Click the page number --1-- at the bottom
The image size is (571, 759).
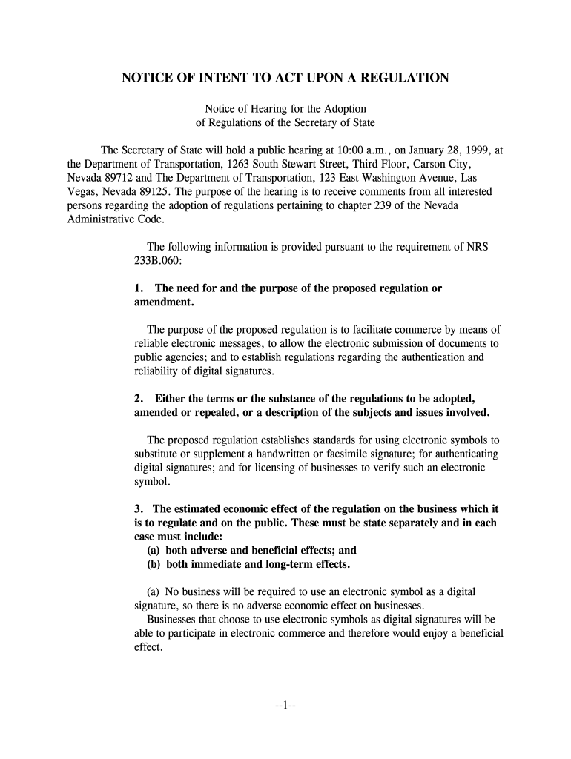[x=285, y=705]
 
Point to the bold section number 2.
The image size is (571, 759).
[x=138, y=398]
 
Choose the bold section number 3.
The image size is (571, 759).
[x=138, y=509]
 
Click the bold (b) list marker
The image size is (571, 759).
[x=154, y=564]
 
